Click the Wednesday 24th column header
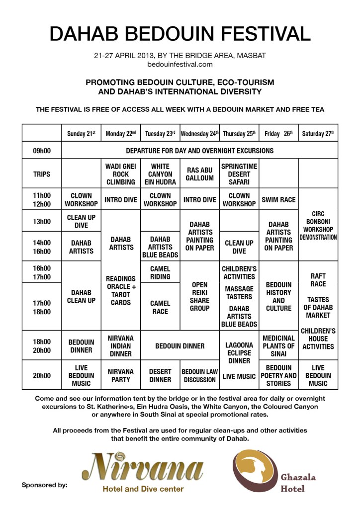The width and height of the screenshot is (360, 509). coord(199,134)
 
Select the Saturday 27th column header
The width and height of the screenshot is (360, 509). coord(318,134)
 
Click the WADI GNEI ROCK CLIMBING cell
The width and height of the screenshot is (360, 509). coord(121,174)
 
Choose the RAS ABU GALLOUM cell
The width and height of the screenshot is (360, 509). coord(199,174)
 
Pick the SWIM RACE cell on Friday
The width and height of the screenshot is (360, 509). coord(278,200)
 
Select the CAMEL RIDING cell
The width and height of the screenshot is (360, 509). coord(160,272)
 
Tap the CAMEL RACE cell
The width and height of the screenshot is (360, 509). coord(160,307)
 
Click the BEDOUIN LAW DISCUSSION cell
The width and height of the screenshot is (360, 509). coord(199,376)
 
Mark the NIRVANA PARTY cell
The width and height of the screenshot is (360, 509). coord(121,376)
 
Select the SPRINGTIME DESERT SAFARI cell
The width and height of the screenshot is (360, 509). coord(239,174)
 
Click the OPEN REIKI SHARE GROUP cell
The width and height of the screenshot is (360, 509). coord(199,296)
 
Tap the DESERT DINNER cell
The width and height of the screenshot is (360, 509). coord(160,376)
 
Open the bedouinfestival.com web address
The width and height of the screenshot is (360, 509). coord(180,64)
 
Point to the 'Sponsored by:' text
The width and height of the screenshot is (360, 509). coord(44,485)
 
